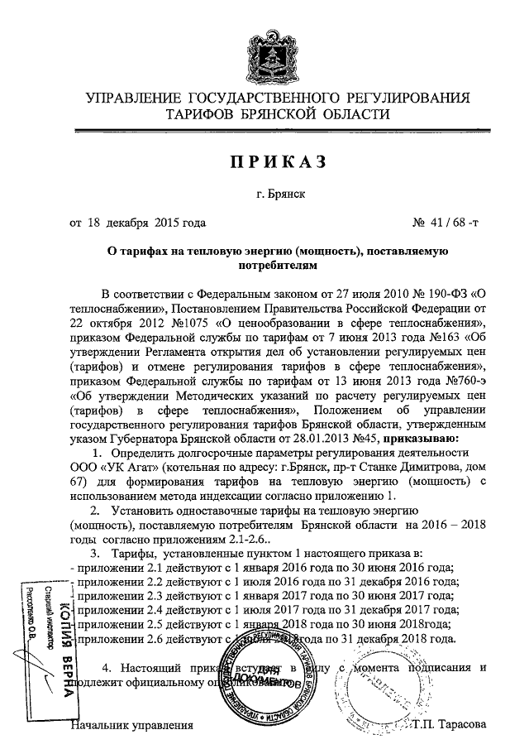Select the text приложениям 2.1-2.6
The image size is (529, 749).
165,539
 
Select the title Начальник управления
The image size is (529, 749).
132,726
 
